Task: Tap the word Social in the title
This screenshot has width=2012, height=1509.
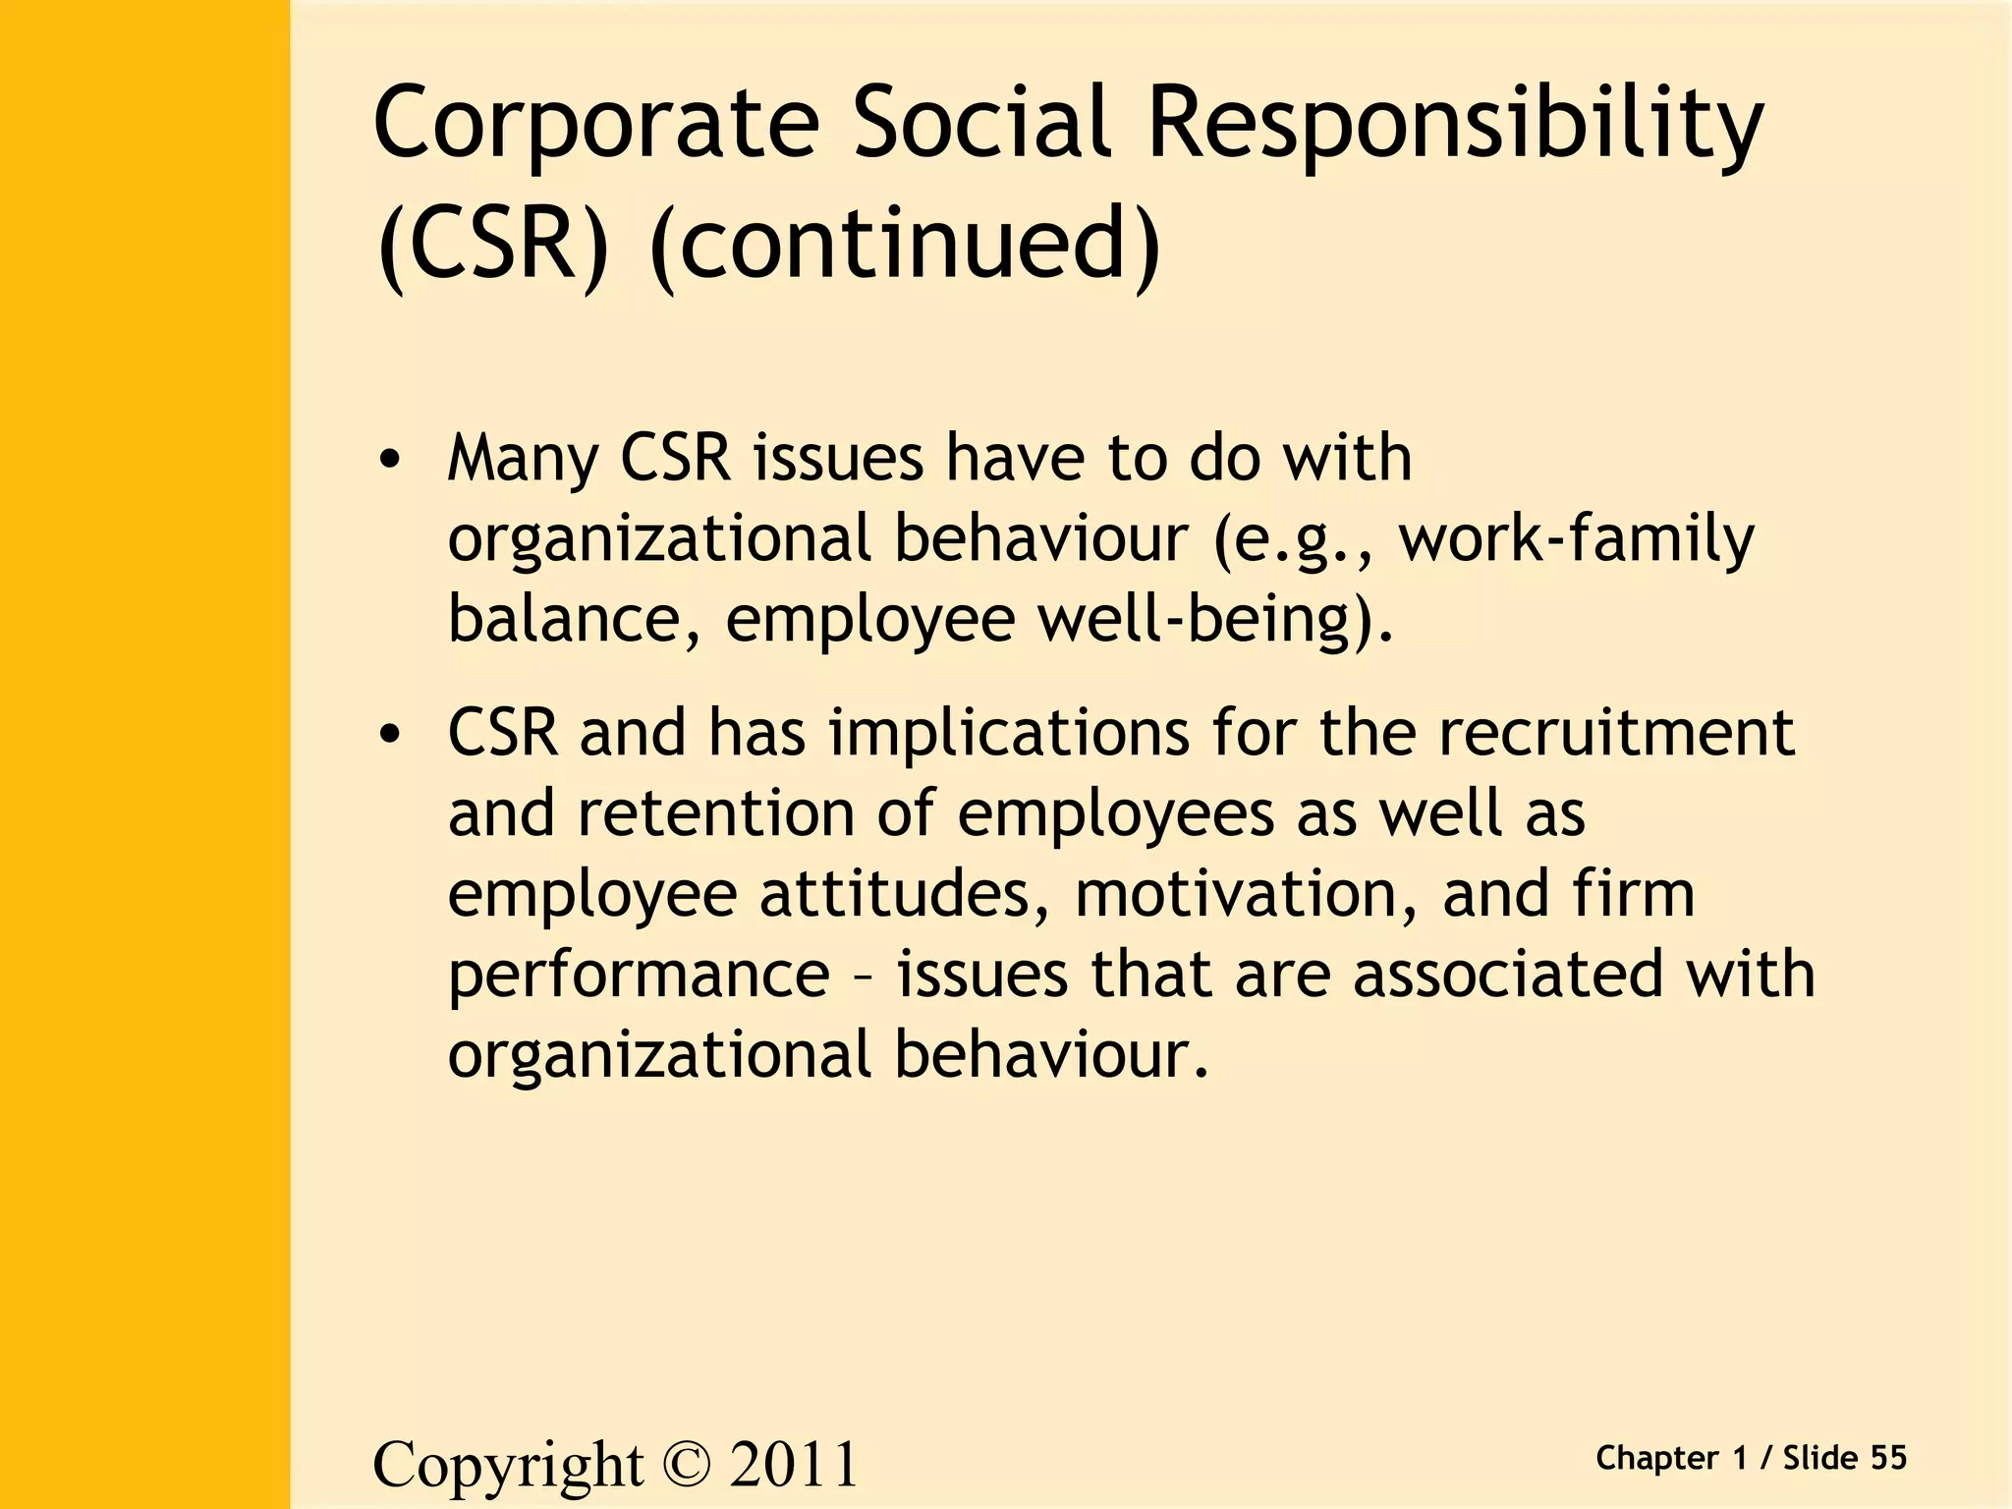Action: (x=982, y=123)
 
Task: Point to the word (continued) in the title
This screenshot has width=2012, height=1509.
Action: (x=905, y=244)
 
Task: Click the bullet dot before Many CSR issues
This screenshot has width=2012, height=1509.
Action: (x=390, y=460)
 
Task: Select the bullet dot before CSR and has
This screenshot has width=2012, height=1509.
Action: (x=390, y=734)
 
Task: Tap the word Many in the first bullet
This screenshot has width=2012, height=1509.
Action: (x=522, y=460)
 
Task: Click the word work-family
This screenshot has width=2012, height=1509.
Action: (x=1576, y=539)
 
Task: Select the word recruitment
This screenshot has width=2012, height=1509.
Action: (x=1617, y=733)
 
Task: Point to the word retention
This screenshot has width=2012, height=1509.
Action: (x=716, y=813)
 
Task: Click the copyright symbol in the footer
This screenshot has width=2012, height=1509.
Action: (x=686, y=1465)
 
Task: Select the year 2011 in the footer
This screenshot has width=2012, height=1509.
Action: (x=794, y=1465)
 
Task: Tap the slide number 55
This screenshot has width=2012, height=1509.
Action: (x=1888, y=1458)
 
